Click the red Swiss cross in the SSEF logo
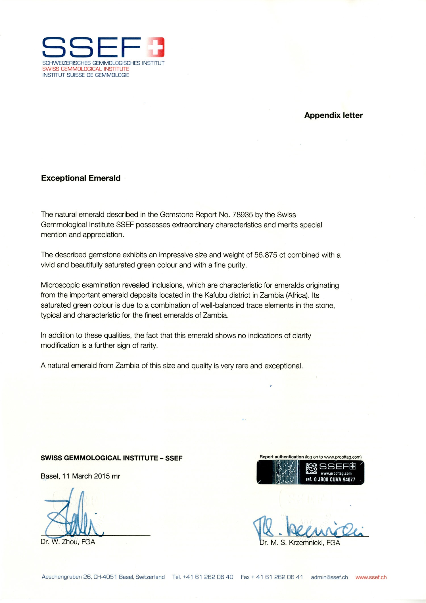155,47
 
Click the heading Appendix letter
333,115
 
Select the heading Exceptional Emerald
81,178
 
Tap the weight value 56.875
266,255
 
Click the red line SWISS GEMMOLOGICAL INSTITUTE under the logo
85,69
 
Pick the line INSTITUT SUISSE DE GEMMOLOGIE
85,75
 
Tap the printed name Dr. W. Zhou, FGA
68,542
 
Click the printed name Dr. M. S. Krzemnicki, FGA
300,542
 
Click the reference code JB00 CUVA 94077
336,479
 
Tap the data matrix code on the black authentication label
311,469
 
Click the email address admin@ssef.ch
329,577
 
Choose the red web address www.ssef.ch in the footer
371,577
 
